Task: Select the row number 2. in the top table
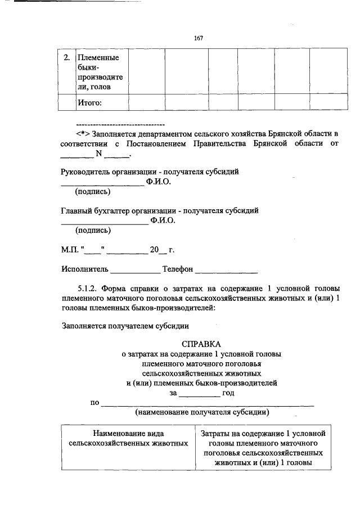click(66, 57)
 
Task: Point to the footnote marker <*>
click(83, 134)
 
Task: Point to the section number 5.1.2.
click(89, 289)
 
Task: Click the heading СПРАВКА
click(201, 344)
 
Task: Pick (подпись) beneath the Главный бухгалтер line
click(93, 230)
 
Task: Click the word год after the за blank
click(228, 393)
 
